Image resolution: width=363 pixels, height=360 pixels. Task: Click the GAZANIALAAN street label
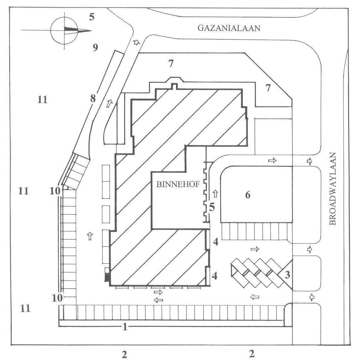tap(229, 28)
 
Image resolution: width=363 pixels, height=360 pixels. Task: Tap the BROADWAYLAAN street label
tap(332, 189)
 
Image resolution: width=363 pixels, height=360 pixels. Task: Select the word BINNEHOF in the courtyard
tap(178, 184)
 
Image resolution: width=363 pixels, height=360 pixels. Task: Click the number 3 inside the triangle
tap(287, 275)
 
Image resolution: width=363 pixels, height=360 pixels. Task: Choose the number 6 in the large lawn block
tap(248, 195)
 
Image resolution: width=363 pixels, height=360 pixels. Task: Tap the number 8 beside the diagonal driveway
tap(93, 99)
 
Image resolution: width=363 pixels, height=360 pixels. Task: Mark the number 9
tap(95, 48)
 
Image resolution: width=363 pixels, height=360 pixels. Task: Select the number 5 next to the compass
tap(92, 17)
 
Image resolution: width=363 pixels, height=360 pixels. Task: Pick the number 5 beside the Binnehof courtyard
tap(212, 207)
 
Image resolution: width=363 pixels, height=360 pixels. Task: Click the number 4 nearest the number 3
tap(215, 276)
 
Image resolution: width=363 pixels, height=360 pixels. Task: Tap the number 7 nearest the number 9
tap(171, 63)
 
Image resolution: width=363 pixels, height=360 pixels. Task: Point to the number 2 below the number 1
tap(124, 354)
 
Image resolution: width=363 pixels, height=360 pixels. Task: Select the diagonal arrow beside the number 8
tap(110, 103)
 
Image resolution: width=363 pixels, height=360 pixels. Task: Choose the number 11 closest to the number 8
tap(42, 100)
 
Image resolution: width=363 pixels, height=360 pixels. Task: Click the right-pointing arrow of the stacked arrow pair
tap(158, 292)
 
